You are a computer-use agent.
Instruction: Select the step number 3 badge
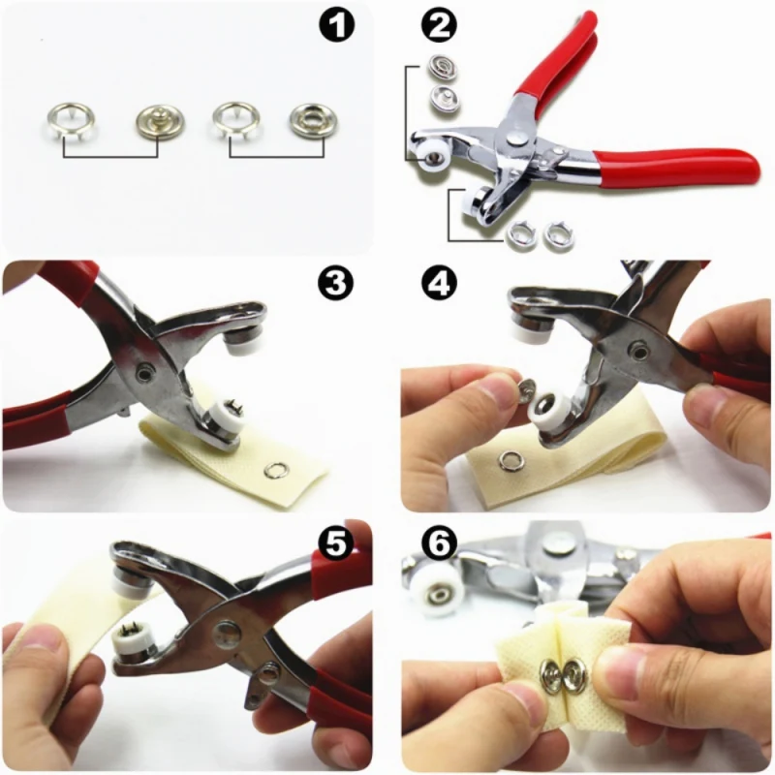[335, 284]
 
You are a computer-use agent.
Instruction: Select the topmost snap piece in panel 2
[440, 69]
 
